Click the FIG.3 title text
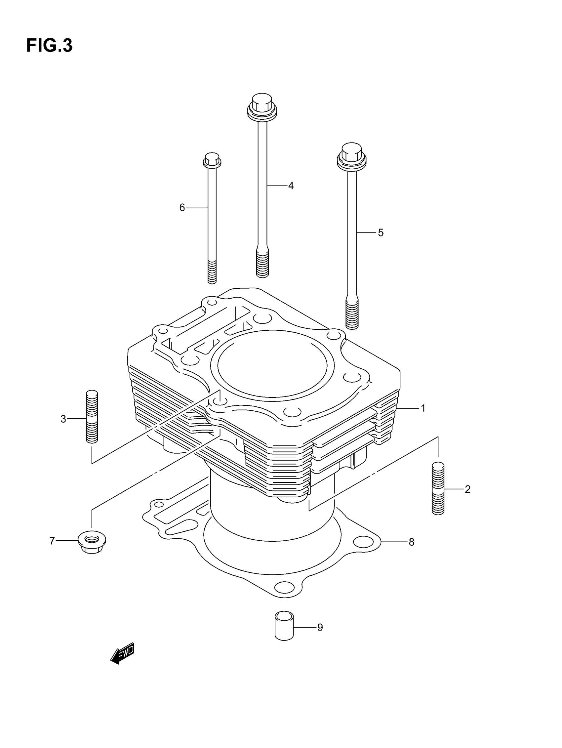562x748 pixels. tap(49, 45)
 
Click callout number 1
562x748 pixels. tap(423, 408)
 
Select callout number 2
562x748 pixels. tap(467, 489)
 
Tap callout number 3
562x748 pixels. tap(63, 419)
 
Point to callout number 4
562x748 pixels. tap(291, 186)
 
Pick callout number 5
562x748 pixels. tap(381, 233)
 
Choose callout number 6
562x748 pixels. tap(182, 207)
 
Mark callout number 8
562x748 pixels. tap(412, 542)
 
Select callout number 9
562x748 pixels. tap(320, 628)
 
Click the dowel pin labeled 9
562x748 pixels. tap(284, 626)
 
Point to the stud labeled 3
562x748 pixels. tap(92, 417)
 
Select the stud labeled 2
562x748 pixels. tap(438, 488)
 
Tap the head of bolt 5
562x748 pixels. tap(352, 155)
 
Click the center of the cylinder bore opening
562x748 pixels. tap(272, 364)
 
